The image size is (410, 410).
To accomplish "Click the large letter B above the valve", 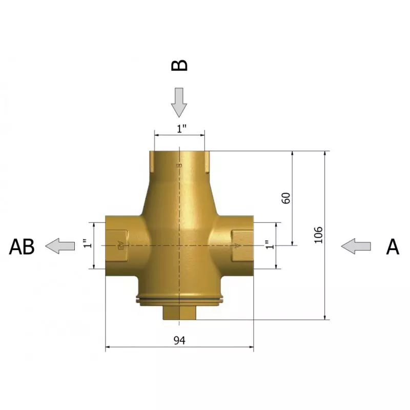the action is coord(179,66).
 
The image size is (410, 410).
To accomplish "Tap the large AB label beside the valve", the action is coord(22,247).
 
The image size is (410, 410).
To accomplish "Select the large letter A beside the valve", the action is coord(393,247).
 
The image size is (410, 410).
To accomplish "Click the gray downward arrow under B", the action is coord(179,102).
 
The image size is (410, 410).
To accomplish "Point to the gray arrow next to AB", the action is coord(60,246).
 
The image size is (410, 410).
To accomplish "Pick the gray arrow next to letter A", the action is coord(356,247).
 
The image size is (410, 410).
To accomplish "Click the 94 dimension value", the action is coord(179,340).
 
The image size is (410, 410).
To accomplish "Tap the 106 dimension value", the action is coord(318,235).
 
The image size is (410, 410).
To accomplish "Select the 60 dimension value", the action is coord(286,198).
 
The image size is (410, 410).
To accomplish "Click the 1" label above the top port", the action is coord(181,129).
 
